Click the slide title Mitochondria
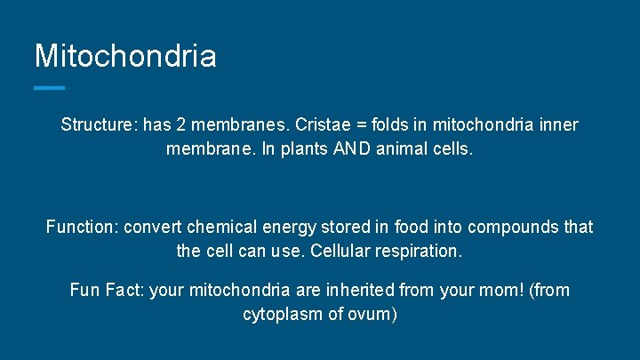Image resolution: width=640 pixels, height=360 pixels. click(x=125, y=56)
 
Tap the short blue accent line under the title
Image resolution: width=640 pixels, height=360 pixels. click(x=50, y=87)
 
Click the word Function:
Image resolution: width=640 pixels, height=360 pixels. click(x=82, y=227)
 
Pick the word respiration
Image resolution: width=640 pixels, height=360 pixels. click(x=419, y=251)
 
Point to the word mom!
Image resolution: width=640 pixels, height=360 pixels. click(x=496, y=290)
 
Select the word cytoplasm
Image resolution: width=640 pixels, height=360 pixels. click(x=283, y=314)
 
